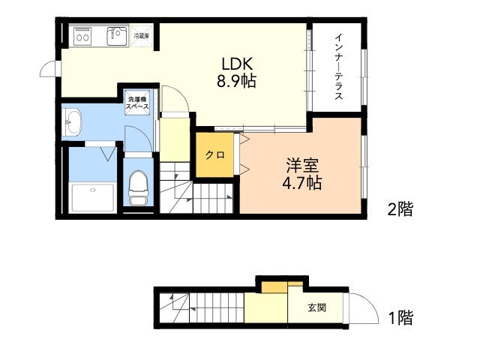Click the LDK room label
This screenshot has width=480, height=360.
(237, 64)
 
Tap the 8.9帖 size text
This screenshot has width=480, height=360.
(236, 82)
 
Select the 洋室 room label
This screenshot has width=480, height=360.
(302, 166)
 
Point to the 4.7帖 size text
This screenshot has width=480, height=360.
(301, 183)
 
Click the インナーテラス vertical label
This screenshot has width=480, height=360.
(338, 67)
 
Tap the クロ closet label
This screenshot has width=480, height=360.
(215, 155)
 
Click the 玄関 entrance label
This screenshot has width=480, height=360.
(316, 307)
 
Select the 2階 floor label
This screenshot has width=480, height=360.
(400, 209)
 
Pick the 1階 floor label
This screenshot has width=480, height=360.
(400, 317)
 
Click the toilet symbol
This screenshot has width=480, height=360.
(138, 187)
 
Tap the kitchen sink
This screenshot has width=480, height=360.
(117, 37)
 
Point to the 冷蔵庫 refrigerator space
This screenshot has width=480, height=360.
(142, 36)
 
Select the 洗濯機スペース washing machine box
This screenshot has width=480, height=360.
(137, 103)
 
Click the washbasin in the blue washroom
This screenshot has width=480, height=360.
(73, 121)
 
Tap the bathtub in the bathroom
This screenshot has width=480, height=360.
(93, 198)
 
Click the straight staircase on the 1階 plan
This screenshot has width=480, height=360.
(217, 307)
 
